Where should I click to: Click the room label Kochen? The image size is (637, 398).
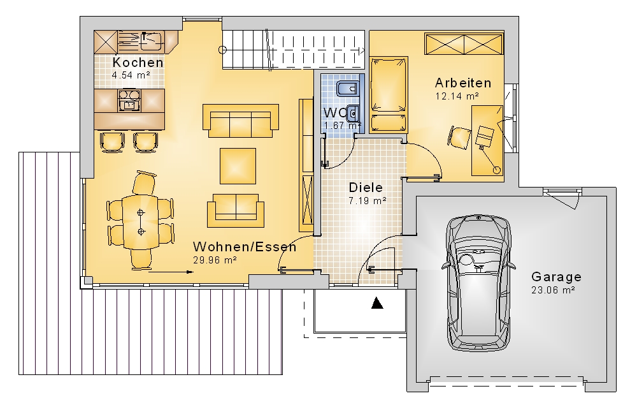138,63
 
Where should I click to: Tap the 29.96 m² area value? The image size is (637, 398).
215,260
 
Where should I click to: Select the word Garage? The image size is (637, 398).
556,277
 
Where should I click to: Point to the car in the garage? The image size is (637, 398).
478,283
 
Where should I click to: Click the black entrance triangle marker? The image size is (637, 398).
377,303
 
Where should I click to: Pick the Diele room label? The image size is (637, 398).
366,188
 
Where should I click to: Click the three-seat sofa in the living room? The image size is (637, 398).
241,121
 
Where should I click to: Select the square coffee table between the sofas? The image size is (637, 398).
238,166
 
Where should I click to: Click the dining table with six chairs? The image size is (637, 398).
141,222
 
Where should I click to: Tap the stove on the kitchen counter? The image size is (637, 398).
129,99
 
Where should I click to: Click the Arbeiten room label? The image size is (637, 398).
463,83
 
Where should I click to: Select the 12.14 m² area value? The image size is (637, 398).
457,96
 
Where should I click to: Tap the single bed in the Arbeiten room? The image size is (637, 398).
389,95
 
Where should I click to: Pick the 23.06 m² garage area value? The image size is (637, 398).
553,290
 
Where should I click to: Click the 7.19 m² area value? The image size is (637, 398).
368,201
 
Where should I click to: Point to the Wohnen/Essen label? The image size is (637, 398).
245,247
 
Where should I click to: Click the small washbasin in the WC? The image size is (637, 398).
353,113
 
